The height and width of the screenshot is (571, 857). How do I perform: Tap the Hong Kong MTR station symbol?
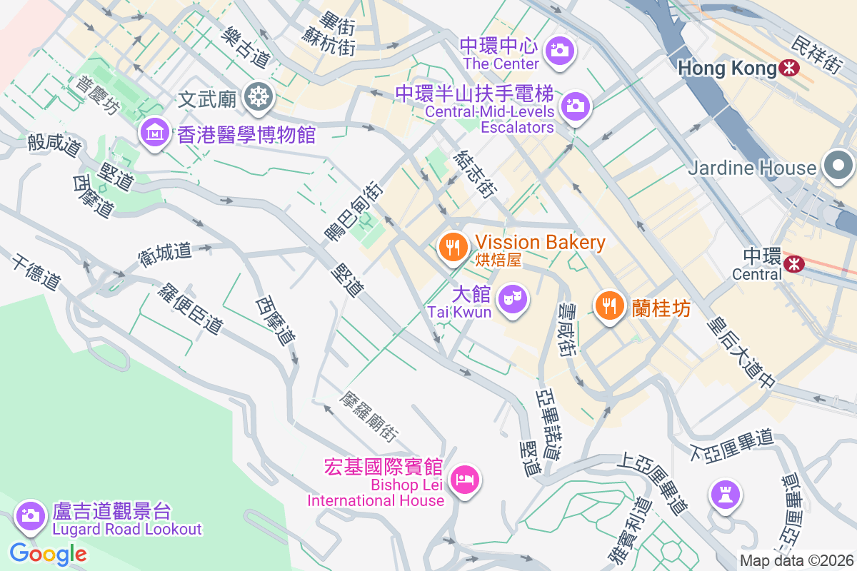click(x=789, y=69)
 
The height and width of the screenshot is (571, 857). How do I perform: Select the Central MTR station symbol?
click(x=793, y=264)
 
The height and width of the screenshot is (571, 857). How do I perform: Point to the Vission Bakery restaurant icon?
click(x=453, y=247)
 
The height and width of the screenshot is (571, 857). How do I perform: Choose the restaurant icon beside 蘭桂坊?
click(x=608, y=306)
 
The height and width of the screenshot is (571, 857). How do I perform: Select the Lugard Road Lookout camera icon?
click(x=30, y=515)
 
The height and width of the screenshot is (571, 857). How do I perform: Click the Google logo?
click(x=48, y=553)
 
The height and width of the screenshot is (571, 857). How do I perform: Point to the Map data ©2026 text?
click(x=796, y=561)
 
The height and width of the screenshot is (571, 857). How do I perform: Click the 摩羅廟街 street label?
click(x=369, y=415)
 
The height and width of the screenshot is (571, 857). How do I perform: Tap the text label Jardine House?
click(x=752, y=168)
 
